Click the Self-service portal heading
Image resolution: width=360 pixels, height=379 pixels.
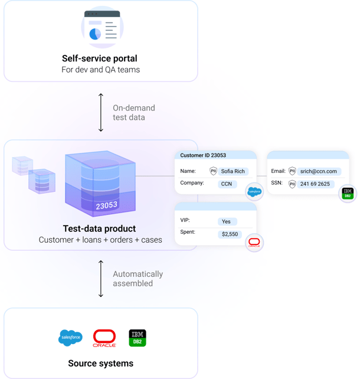coord(100,58)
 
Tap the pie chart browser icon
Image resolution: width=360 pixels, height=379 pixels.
coord(102,27)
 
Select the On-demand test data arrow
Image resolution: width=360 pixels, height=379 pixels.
coord(101,112)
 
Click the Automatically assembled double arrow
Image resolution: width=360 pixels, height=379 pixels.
coord(101,279)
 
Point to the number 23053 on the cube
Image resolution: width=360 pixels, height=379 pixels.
coord(107,205)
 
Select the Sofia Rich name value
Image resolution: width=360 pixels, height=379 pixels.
coord(233,171)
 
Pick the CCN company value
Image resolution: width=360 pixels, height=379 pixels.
coord(227,184)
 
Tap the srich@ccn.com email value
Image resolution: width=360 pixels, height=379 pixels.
coord(319,171)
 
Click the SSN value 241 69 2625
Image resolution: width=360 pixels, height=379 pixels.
coord(315,184)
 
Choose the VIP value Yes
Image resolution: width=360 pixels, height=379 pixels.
coord(227,221)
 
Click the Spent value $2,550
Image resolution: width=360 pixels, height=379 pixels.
coord(230,234)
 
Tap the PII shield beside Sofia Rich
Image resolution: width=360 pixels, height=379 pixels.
coord(213,171)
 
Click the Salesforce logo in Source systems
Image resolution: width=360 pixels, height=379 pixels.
coord(70,338)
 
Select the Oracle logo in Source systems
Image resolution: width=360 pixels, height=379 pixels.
coord(104,338)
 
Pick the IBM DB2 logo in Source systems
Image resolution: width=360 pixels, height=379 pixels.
coord(138,338)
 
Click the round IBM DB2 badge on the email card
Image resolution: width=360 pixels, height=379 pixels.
coord(348,193)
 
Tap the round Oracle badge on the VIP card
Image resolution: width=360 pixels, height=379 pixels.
coord(254,242)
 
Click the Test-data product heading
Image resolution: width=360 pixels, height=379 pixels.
coord(99,228)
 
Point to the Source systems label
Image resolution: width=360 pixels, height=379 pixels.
coord(100,363)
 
